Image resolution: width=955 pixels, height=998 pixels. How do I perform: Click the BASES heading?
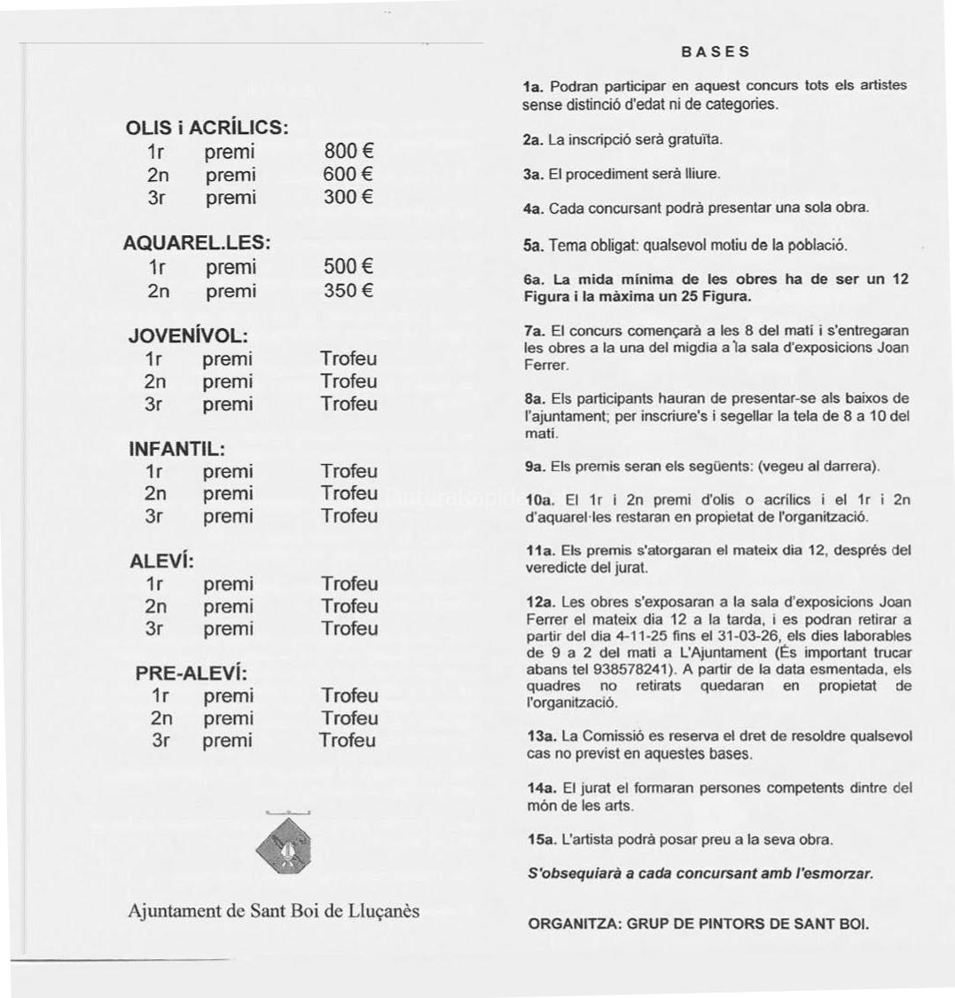[x=716, y=51]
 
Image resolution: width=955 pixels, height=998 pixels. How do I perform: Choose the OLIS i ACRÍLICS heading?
[x=208, y=127]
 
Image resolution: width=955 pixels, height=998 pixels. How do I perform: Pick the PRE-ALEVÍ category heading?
[x=190, y=673]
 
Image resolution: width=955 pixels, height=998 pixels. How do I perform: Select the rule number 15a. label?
[x=541, y=839]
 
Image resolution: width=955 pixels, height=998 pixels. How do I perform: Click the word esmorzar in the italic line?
[x=838, y=874]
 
